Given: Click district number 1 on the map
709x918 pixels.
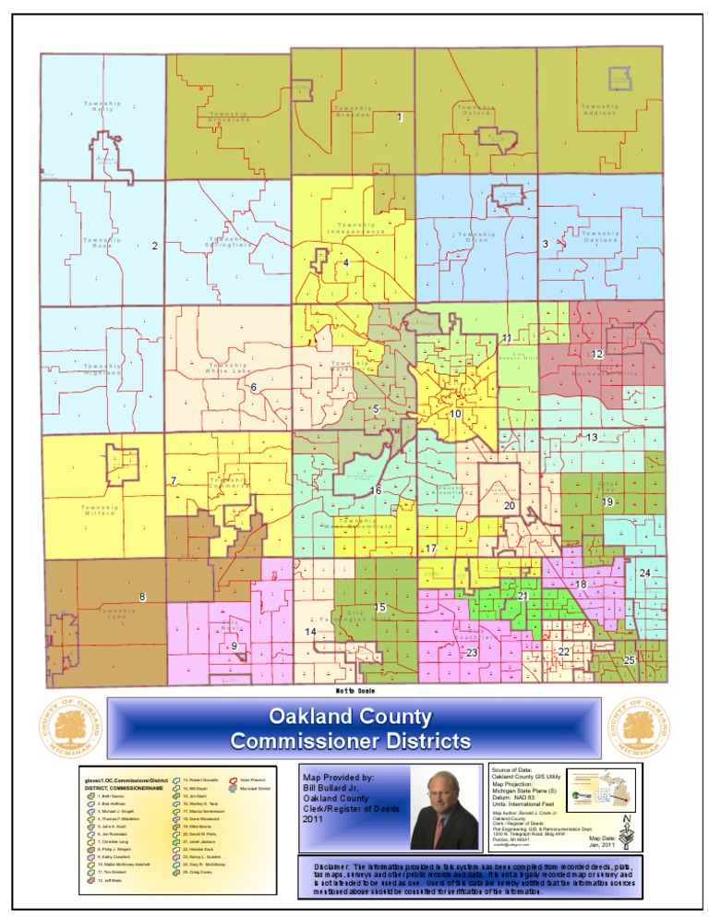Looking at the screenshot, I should [x=399, y=117].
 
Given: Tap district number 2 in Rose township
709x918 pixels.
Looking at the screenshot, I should [x=155, y=246].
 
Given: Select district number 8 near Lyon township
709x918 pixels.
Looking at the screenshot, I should [x=141, y=598].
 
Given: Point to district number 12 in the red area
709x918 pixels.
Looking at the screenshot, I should [x=597, y=354].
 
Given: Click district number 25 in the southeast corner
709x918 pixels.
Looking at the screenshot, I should [x=629, y=660].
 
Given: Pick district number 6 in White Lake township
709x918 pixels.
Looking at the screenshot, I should [x=253, y=387].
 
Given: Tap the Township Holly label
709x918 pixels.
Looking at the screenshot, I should [x=102, y=106].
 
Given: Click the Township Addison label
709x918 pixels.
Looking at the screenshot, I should [x=599, y=110].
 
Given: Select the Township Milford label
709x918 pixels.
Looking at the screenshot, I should [x=100, y=510].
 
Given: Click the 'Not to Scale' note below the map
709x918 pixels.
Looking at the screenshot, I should [x=354, y=690].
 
